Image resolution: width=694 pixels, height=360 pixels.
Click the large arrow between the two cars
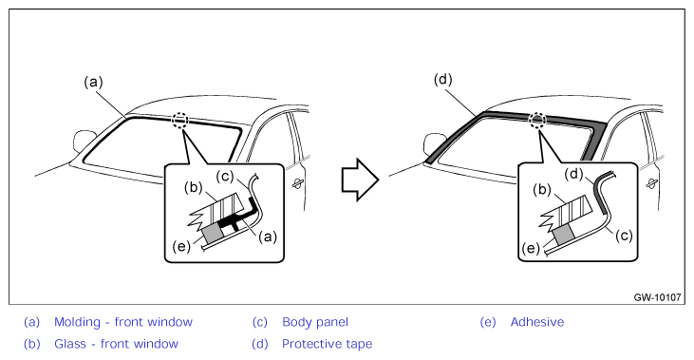coord(360,180)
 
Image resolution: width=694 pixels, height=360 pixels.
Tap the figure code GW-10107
coord(657,297)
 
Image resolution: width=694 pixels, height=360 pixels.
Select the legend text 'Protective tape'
coord(328,344)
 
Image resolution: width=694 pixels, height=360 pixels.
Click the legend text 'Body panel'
coord(315,322)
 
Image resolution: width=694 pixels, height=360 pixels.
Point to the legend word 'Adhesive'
coord(537,322)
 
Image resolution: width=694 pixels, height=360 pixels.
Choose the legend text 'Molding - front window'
coord(123,322)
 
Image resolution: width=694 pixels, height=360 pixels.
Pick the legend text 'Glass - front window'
coord(116,344)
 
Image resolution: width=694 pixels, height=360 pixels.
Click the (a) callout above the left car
coord(93,83)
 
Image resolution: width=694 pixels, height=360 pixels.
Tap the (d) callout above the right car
coord(442,80)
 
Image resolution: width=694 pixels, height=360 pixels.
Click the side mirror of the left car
coord(84,140)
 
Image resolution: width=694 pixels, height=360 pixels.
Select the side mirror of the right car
coord(434,143)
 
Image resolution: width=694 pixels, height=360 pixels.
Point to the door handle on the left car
coord(298,182)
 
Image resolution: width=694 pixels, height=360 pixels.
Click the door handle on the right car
coord(652,183)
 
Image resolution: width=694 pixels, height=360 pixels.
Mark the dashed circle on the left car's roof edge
coord(180,119)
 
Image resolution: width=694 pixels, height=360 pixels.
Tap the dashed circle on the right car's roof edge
coord(537,119)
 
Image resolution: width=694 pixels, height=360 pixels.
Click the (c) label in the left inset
coord(225,177)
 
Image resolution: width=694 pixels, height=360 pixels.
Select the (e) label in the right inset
coord(531,249)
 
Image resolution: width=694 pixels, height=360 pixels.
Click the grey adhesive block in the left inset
coord(214,232)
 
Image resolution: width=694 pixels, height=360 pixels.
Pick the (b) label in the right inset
coord(542,190)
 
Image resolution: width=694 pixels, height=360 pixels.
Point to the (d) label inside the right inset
coord(574,175)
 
